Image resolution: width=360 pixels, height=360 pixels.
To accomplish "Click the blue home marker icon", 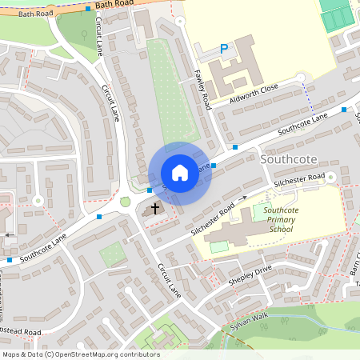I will pyautogui.click(x=179, y=173).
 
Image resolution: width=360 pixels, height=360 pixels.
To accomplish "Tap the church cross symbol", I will pyautogui.click(x=154, y=208).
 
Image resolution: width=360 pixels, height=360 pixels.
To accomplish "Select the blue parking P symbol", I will pyautogui.click(x=224, y=50).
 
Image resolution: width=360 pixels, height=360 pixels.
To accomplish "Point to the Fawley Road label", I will pyautogui.click(x=204, y=89).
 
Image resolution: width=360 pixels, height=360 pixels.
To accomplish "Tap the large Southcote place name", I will pyautogui.click(x=288, y=159).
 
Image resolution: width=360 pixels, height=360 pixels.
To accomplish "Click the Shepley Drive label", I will pyautogui.click(x=250, y=274).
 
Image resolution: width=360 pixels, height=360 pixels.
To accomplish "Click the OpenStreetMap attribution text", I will pyautogui.click(x=80, y=354).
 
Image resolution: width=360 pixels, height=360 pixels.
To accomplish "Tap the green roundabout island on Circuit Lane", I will pyautogui.click(x=125, y=202).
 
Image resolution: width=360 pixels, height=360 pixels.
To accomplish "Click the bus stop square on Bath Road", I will pyautogui.click(x=88, y=9).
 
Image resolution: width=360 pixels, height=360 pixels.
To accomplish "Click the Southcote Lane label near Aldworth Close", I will pyautogui.click(x=303, y=122).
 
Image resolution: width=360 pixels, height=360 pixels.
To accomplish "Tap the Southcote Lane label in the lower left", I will pyautogui.click(x=44, y=247).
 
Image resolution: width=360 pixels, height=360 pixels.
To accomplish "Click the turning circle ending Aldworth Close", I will pyautogui.click(x=301, y=77).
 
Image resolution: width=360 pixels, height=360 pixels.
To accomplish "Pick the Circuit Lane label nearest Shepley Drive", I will pyautogui.click(x=170, y=280).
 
